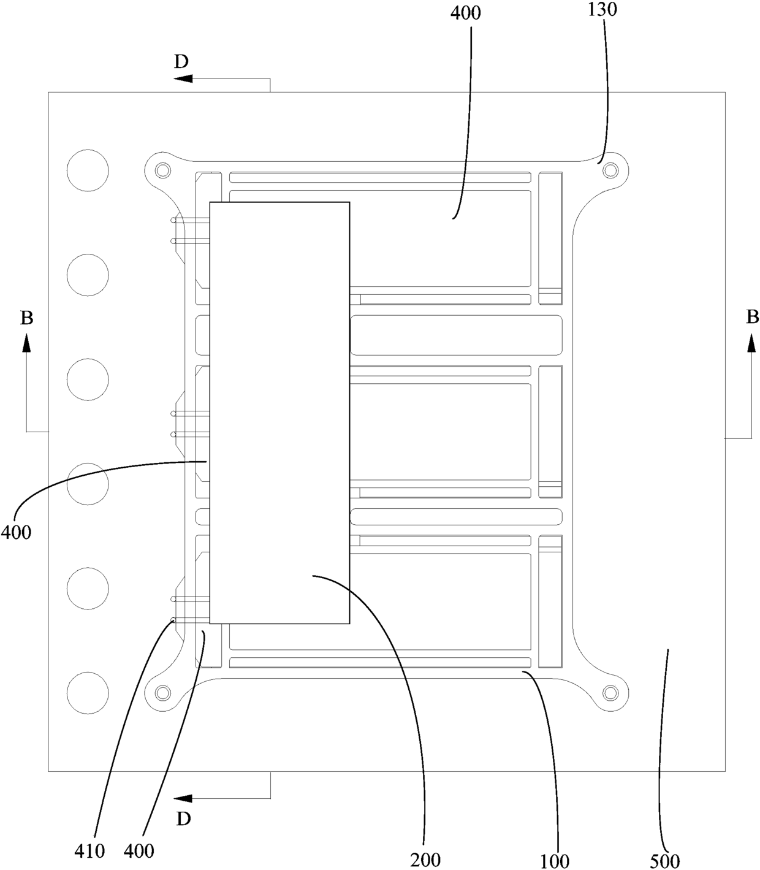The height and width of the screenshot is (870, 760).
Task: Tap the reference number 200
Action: pos(425,860)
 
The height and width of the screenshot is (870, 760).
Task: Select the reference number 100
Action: pos(555,861)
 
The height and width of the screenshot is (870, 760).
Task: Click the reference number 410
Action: pos(89,850)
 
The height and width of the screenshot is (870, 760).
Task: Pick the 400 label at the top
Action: pos(466,12)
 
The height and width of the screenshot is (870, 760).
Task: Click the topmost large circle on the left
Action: pos(88,170)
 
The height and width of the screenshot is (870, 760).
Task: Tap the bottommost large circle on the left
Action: pos(88,692)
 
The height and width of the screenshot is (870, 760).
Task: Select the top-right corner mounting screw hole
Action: pos(609,169)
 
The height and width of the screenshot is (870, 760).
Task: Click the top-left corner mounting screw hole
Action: pos(162,169)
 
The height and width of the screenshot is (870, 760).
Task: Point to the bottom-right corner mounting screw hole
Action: pos(609,693)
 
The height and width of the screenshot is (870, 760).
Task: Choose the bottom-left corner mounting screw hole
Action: pos(162,693)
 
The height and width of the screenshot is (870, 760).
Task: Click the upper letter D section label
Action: pos(181,61)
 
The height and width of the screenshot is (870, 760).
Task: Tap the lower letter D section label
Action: pos(183,818)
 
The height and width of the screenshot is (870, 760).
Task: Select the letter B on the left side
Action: pos(26,318)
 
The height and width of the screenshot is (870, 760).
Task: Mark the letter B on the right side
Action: pos(752,316)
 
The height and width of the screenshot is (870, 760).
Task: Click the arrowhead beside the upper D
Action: pos(183,78)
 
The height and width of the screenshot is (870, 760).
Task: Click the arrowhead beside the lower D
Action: pos(183,798)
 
